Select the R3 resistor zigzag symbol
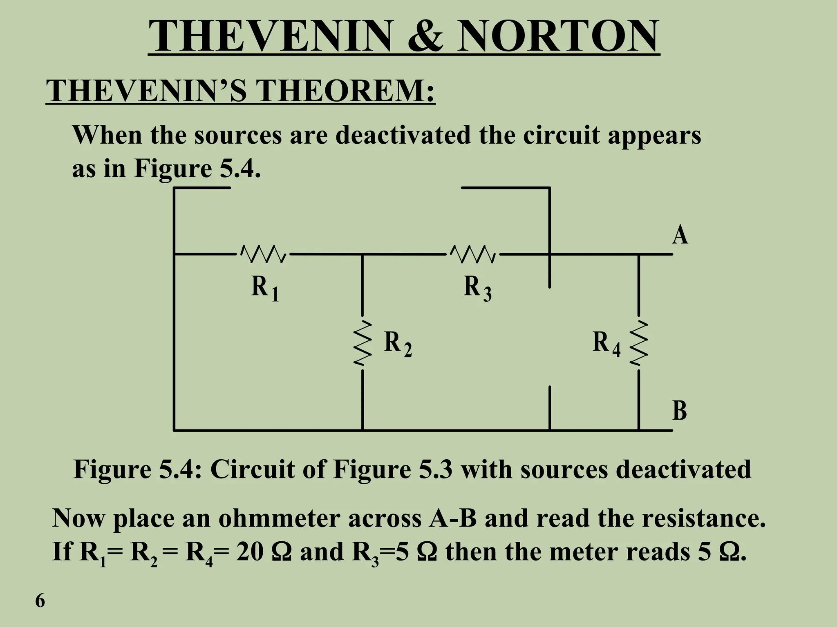tap(473, 254)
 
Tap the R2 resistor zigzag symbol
tap(363, 342)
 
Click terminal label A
tap(680, 236)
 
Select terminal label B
tap(680, 411)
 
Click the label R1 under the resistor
tap(264, 287)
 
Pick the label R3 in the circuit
tap(477, 287)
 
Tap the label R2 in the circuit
tap(398, 343)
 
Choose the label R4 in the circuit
tap(606, 343)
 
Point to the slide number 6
tap(40, 601)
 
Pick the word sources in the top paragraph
tap(238, 135)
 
